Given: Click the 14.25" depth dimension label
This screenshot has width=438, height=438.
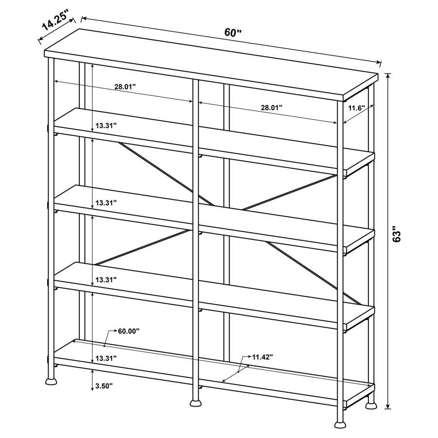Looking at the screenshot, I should click(x=54, y=23).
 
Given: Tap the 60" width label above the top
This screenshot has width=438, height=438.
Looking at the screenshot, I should click(x=233, y=33).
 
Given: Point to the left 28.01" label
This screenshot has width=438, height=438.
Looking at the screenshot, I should click(x=125, y=87).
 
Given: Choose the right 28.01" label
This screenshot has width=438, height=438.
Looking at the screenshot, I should click(x=272, y=108).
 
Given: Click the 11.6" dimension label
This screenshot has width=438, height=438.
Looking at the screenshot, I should click(x=356, y=108).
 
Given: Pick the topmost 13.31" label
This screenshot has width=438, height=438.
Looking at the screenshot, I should click(x=106, y=126).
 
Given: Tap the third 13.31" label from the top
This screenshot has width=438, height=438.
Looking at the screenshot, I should click(x=106, y=280).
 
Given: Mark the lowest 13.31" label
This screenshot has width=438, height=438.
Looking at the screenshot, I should click(x=106, y=358).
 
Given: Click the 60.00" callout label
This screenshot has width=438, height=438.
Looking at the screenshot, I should click(x=128, y=331).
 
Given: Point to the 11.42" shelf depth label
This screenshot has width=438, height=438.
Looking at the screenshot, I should click(x=262, y=357).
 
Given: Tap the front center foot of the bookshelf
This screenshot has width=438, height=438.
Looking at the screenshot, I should click(x=196, y=402).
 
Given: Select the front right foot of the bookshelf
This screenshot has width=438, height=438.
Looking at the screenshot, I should click(x=340, y=424).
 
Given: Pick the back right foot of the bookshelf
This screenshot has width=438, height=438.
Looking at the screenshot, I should click(x=371, y=402).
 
